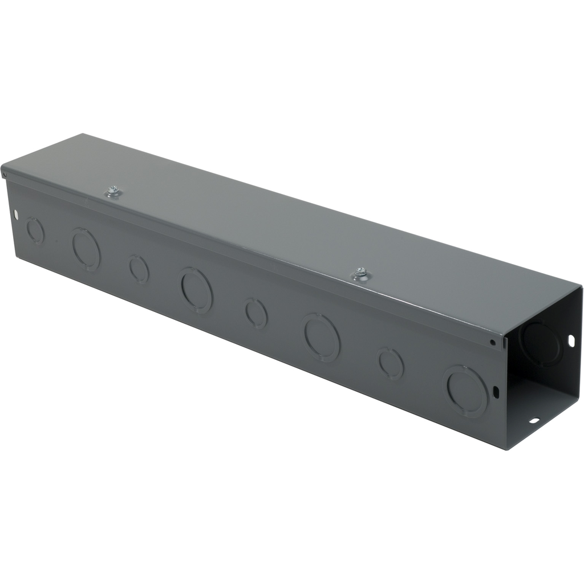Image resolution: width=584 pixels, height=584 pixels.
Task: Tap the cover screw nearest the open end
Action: click(x=360, y=273)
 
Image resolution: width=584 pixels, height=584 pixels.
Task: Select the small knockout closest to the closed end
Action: click(x=35, y=230)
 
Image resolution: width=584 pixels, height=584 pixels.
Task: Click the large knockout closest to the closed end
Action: click(x=86, y=249)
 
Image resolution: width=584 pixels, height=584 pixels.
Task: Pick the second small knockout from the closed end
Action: click(x=139, y=269)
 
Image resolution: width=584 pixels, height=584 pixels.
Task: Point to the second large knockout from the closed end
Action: click(x=197, y=290)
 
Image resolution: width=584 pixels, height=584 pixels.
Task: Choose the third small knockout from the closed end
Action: click(x=256, y=313)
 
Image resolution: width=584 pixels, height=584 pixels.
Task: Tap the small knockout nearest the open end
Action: click(x=391, y=363)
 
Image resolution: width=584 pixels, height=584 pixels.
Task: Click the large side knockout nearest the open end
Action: click(x=466, y=391)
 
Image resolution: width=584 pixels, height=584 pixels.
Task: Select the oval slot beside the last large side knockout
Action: click(x=495, y=392)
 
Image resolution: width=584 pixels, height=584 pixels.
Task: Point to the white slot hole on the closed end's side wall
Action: click(x=15, y=215)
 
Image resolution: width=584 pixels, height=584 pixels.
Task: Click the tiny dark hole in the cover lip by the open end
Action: click(x=493, y=343)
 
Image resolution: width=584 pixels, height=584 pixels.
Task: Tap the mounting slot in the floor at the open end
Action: click(x=534, y=421)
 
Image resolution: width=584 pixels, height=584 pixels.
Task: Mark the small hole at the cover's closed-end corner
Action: click(x=5, y=170)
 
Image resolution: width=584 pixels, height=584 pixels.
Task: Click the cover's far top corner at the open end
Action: click(x=579, y=287)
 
